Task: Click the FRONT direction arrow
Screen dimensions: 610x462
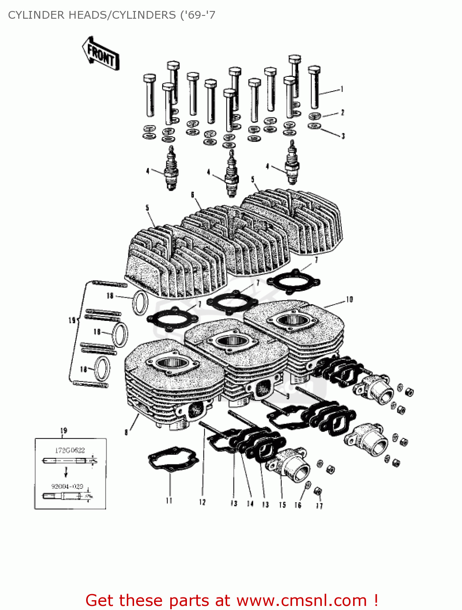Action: click(x=100, y=54)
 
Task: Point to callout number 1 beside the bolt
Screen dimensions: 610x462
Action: click(x=342, y=89)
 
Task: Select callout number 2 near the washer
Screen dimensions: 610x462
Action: click(x=343, y=112)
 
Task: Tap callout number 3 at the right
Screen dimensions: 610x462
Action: click(x=343, y=136)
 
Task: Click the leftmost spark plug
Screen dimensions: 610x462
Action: click(x=171, y=169)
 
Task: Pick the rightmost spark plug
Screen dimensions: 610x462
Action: click(x=292, y=163)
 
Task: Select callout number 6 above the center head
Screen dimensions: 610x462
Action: click(x=193, y=195)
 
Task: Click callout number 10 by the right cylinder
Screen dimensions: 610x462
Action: click(x=349, y=300)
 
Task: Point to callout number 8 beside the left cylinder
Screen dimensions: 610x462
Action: click(x=126, y=432)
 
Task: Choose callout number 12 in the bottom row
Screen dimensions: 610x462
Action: click(x=202, y=502)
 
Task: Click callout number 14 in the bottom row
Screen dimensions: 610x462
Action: click(x=250, y=504)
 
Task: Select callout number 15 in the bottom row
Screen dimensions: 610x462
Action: click(x=282, y=505)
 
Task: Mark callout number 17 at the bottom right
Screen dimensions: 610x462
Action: click(x=319, y=505)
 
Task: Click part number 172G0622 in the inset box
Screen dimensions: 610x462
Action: click(x=70, y=450)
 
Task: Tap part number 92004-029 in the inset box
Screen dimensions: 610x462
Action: click(x=67, y=486)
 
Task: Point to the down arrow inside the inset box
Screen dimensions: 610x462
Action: click(x=66, y=472)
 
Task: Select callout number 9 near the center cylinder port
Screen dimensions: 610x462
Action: click(x=287, y=396)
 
